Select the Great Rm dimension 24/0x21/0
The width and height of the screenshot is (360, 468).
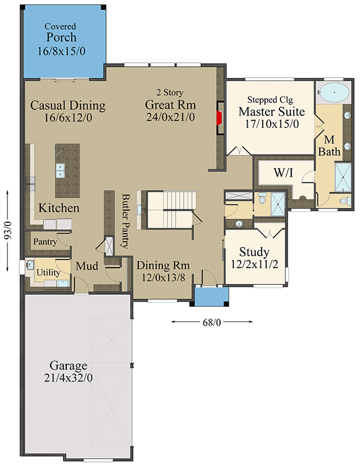[x=170, y=117]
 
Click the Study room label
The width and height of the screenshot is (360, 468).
[x=254, y=252]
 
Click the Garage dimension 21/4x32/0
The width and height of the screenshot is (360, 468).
[x=68, y=378]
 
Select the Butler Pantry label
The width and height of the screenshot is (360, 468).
[x=126, y=221]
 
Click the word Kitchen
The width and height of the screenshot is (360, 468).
[x=59, y=208]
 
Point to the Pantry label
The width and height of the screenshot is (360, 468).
[x=45, y=242]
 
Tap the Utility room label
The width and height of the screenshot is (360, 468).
[x=48, y=272]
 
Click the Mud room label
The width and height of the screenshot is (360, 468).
[x=87, y=266]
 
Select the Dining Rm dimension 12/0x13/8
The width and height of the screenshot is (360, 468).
[x=162, y=277]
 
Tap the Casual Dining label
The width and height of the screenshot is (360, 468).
[x=68, y=105]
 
